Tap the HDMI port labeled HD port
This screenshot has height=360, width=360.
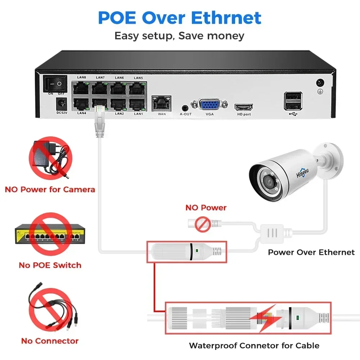click(x=243, y=107)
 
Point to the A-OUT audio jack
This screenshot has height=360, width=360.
click(x=185, y=107)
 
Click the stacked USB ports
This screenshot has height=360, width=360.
click(x=293, y=100)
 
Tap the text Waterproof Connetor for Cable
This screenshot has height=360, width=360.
click(x=254, y=346)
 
